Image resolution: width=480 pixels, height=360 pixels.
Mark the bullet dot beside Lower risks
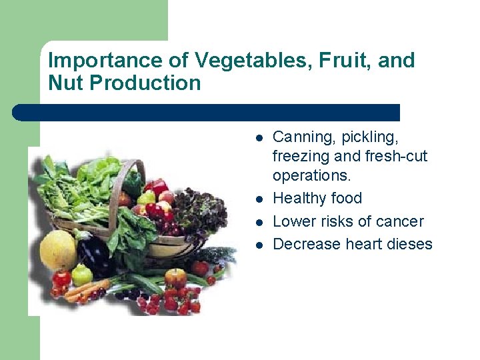tap(259, 222)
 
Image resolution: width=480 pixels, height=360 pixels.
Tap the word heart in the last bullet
tap(365, 244)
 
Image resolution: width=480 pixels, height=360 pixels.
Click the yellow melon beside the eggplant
tap(59, 250)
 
